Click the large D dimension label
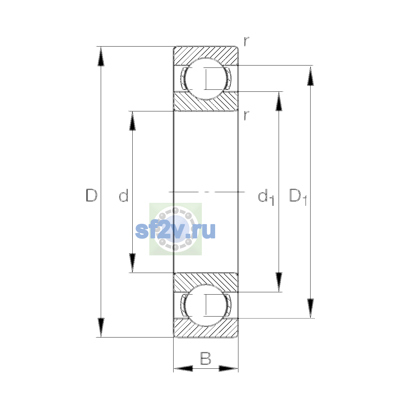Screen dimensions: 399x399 pyautogui.click(x=91, y=195)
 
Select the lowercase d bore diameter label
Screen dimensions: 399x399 pyautogui.click(x=124, y=195)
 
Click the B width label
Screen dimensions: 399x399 pyautogui.click(x=205, y=358)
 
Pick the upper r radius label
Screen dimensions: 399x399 pyautogui.click(x=246, y=41)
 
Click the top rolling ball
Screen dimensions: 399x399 pyautogui.click(x=206, y=79)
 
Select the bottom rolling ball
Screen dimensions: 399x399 pyautogui.click(x=206, y=306)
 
